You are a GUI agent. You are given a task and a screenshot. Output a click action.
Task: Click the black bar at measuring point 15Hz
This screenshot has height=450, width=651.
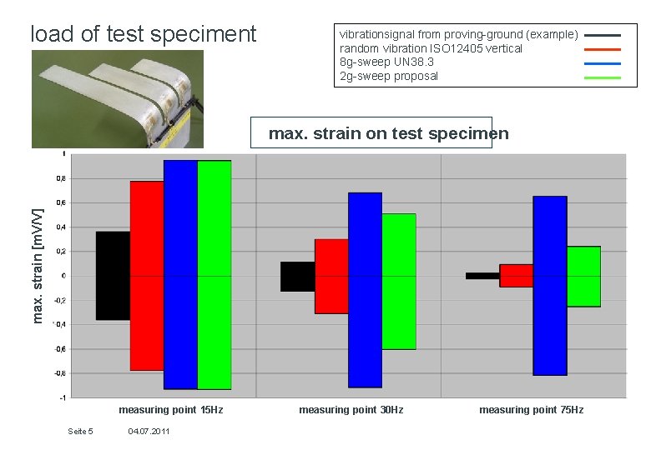pos(114,276)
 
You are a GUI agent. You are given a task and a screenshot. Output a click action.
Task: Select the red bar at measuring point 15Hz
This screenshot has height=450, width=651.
pos(147,276)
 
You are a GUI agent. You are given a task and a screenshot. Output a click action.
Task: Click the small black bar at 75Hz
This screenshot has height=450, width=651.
pos(482,276)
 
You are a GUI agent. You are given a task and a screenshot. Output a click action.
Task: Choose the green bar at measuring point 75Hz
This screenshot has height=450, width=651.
pos(583,277)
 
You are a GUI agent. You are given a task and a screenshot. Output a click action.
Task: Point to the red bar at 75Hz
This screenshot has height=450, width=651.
pos(516,276)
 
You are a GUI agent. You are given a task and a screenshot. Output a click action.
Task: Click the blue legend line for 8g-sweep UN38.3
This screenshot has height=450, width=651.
pos(603,62)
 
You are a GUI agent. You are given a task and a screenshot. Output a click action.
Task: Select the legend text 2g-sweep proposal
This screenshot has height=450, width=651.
pos(389,76)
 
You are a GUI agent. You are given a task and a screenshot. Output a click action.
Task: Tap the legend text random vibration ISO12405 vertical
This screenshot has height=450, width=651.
pos(431,48)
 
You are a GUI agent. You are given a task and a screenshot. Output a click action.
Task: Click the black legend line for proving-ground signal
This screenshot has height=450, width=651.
pos(603,36)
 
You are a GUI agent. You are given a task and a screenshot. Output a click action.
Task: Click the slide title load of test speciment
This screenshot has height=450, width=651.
pos(144,34)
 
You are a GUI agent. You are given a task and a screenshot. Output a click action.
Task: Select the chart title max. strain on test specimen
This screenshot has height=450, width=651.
pos(388,133)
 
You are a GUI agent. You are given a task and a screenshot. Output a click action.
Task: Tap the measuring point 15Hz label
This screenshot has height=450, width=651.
pos(171,410)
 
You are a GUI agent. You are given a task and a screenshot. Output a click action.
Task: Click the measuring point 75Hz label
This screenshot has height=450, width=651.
pos(531,410)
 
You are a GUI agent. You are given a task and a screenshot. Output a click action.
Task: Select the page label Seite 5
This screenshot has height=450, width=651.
pos(80,431)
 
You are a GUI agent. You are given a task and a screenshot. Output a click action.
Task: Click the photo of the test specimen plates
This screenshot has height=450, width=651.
pos(117,98)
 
